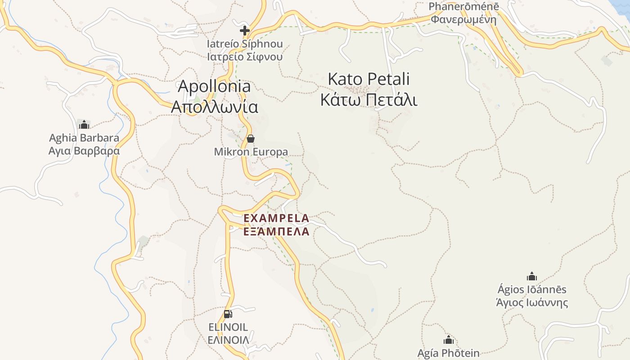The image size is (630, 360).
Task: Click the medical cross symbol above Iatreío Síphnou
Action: pyautogui.click(x=244, y=31)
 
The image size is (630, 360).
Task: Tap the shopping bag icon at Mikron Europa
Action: pyautogui.click(x=251, y=138)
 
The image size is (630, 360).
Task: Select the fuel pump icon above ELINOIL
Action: pyautogui.click(x=228, y=314)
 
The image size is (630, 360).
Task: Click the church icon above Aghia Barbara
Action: pyautogui.click(x=84, y=124)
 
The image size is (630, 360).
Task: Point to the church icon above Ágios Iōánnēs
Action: pyautogui.click(x=532, y=276)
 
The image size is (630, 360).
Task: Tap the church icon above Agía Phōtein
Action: pyautogui.click(x=448, y=340)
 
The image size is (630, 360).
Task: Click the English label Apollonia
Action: pyautogui.click(x=215, y=86)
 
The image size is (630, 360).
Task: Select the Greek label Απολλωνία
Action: pyautogui.click(x=215, y=107)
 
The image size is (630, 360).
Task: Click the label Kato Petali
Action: pyautogui.click(x=369, y=79)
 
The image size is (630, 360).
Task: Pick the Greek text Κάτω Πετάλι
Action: pyautogui.click(x=369, y=99)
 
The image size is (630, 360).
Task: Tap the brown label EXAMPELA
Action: pyautogui.click(x=276, y=218)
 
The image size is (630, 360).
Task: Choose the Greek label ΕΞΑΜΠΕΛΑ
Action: pyautogui.click(x=276, y=232)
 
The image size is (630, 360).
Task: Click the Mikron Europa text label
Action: pyautogui.click(x=251, y=152)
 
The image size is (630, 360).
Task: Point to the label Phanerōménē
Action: pyautogui.click(x=463, y=7)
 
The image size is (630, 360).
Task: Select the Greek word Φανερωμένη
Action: pyautogui.click(x=463, y=19)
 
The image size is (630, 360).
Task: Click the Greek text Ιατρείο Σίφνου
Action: pyautogui.click(x=245, y=57)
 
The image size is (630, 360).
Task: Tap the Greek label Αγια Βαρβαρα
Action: pyautogui.click(x=84, y=150)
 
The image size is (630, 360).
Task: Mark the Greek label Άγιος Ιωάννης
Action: pyautogui.click(x=532, y=302)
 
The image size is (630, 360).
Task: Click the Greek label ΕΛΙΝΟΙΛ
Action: pyautogui.click(x=228, y=340)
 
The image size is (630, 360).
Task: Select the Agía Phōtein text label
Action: pyautogui.click(x=448, y=353)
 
